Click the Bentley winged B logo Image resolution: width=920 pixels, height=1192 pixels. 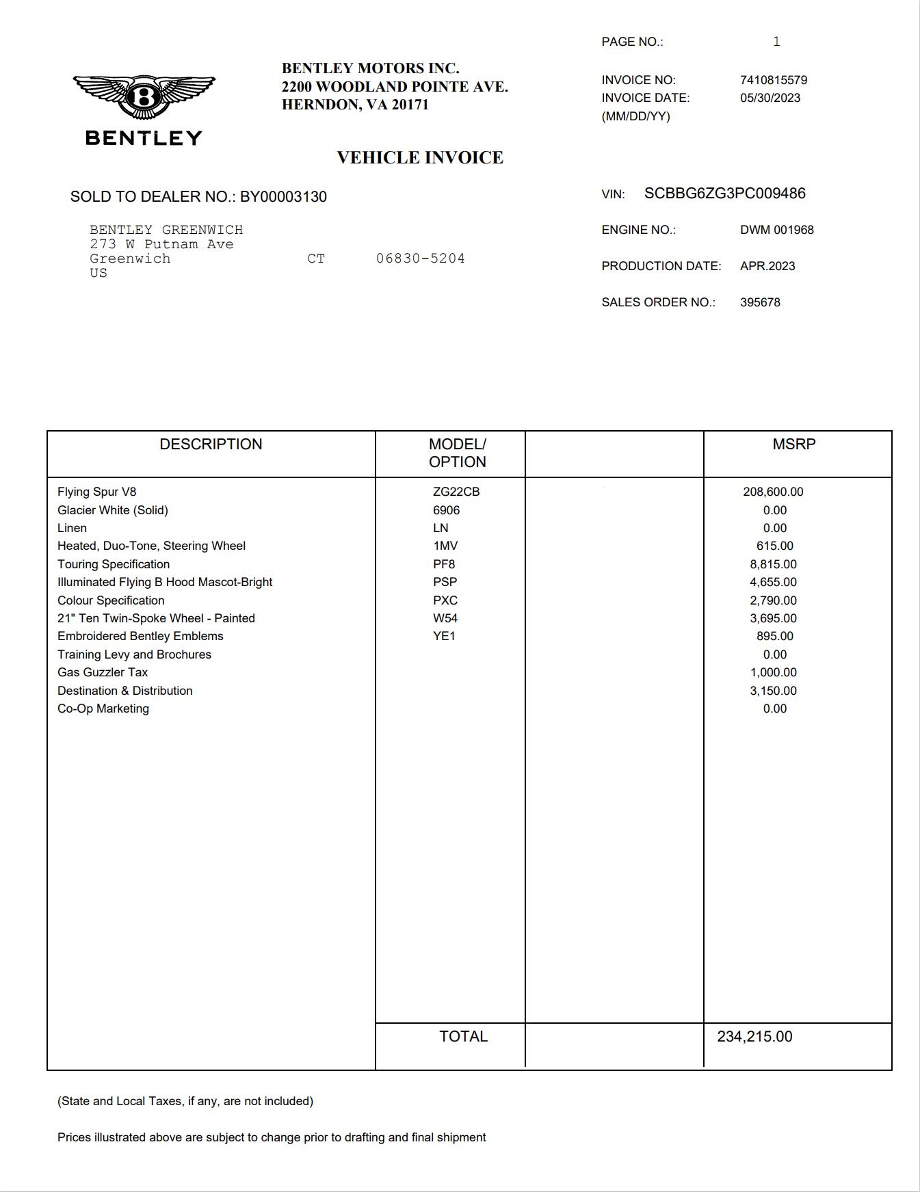tap(144, 97)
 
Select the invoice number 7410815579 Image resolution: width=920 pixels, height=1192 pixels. tap(773, 80)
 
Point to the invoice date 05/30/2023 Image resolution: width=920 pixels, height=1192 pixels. tap(770, 98)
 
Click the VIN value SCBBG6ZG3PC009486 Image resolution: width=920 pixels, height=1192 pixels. tap(724, 194)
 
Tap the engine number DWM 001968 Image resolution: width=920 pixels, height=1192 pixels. tap(776, 230)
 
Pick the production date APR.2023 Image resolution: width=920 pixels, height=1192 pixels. tap(767, 266)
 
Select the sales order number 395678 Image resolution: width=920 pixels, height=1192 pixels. tap(760, 302)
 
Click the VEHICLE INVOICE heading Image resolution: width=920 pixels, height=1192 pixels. tap(420, 158)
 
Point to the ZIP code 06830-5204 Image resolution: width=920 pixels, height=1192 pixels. tap(420, 259)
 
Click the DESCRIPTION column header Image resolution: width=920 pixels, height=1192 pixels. tap(211, 445)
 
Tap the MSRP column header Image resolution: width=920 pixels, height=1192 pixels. tap(793, 445)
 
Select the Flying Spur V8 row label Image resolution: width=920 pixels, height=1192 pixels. tap(96, 492)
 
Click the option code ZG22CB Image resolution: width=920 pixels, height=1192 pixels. tap(456, 492)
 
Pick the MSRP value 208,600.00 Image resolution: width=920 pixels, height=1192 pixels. tap(773, 492)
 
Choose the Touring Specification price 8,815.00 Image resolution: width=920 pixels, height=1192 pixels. tap(773, 564)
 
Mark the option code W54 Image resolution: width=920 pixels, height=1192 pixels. tap(445, 618)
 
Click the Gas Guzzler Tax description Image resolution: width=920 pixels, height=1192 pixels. tap(103, 672)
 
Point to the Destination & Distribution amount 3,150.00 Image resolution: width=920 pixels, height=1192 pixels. tap(773, 691)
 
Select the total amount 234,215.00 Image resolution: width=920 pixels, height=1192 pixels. tap(754, 1037)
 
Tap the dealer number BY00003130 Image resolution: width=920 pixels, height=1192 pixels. tap(283, 197)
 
